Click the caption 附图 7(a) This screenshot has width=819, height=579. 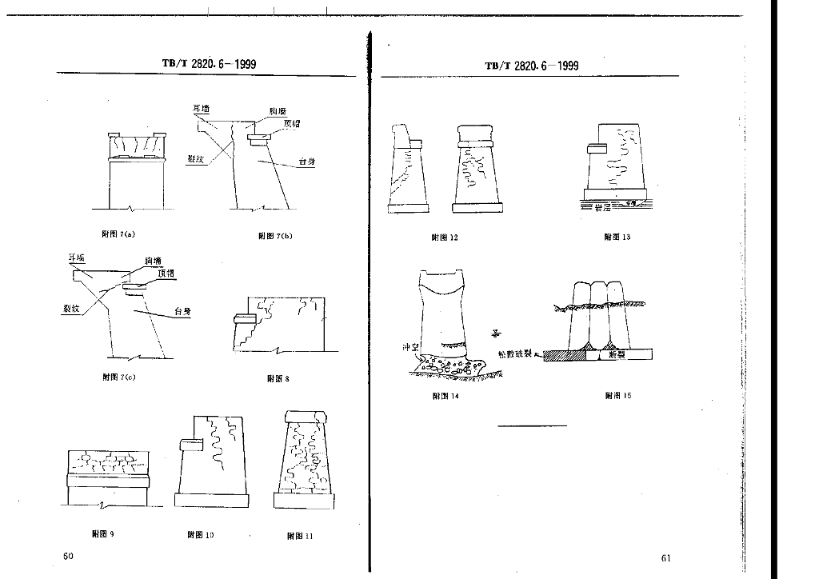(x=119, y=234)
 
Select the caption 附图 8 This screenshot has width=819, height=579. (x=278, y=378)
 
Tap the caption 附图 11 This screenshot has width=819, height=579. (x=299, y=536)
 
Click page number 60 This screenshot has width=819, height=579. (x=68, y=556)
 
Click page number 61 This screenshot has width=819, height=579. (x=666, y=558)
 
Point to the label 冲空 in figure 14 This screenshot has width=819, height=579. (x=409, y=347)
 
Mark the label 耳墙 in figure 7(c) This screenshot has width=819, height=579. (x=77, y=258)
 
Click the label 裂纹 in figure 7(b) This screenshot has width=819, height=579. (x=197, y=159)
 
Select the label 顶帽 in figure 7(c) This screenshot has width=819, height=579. (x=166, y=274)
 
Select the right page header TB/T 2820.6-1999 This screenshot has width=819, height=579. (x=532, y=66)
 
